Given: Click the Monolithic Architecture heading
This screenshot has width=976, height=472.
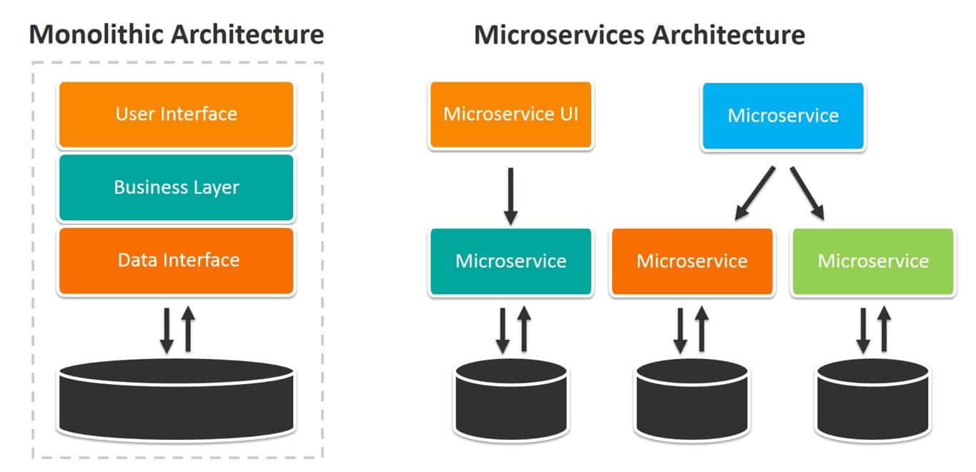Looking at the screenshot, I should tap(177, 34).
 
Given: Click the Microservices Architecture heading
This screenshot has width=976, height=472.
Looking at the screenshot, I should tap(639, 34).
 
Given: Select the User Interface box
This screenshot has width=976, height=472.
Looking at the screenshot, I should tap(176, 114).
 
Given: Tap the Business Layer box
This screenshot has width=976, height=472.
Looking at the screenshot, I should tap(176, 187).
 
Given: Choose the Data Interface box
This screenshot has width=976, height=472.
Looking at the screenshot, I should tap(176, 260).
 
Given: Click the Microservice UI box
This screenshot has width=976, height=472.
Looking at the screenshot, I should tap(511, 114).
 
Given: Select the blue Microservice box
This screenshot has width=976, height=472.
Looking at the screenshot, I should tap(783, 116).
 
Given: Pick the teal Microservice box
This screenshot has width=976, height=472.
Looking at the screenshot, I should tap(511, 261).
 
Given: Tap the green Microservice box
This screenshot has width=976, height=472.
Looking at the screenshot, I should tap(873, 261).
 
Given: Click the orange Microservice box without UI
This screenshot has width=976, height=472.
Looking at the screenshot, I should tap(692, 261).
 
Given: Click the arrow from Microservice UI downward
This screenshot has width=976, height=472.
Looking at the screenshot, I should tap(511, 195).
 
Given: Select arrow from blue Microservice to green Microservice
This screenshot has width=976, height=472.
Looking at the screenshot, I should tap(807, 193).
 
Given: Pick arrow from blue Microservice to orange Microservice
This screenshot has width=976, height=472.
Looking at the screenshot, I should tap(755, 193).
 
